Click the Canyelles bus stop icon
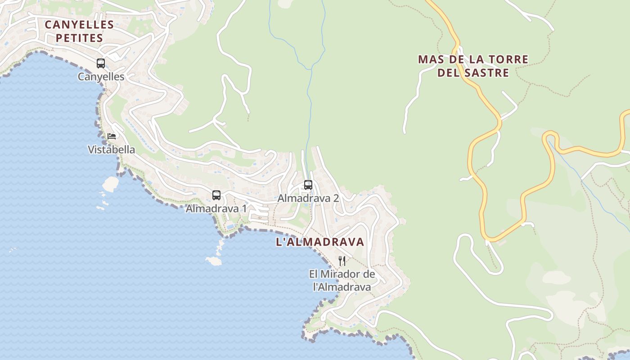(x=101, y=63)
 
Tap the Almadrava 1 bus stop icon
(x=216, y=195)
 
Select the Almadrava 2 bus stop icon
(x=308, y=184)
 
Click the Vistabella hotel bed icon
(x=112, y=136)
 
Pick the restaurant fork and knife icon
(x=342, y=261)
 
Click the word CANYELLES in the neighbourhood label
(x=79, y=24)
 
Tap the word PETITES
(x=79, y=38)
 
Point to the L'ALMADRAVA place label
(x=319, y=242)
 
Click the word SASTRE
(x=489, y=73)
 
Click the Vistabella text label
(x=111, y=150)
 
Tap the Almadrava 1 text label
(x=216, y=209)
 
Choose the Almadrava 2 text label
(x=308, y=198)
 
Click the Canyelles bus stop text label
(x=101, y=77)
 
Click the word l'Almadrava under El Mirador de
(x=342, y=287)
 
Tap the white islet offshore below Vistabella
(x=111, y=183)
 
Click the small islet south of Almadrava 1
(x=213, y=261)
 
